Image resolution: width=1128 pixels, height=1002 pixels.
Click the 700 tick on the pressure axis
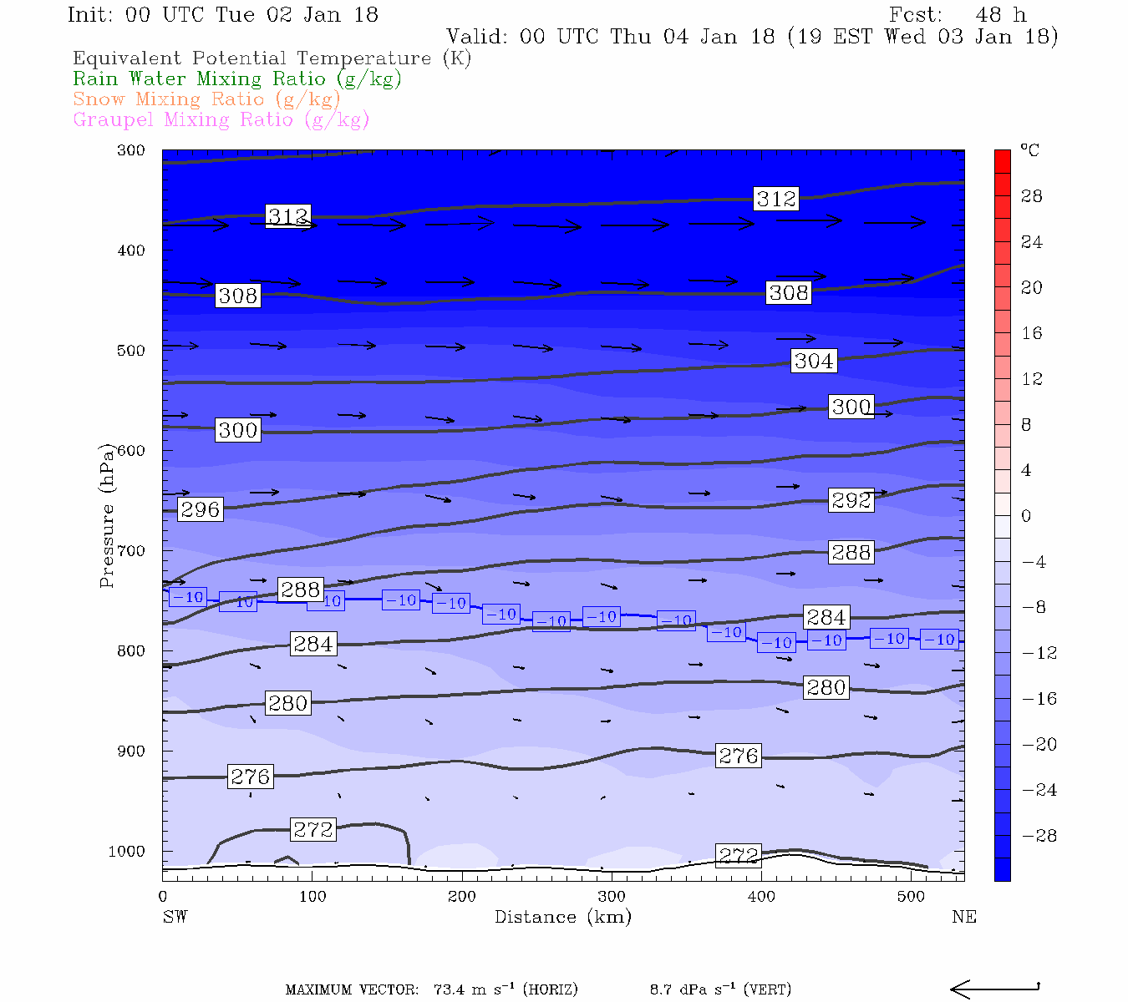click(131, 551)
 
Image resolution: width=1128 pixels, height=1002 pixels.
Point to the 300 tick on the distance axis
click(611, 897)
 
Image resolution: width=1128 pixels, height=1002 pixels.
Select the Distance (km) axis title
click(562, 917)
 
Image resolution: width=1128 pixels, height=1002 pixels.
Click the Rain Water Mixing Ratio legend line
click(237, 79)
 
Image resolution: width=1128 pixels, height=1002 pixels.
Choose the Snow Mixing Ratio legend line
click(206, 99)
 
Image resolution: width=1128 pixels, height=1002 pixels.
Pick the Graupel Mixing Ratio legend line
click(221, 120)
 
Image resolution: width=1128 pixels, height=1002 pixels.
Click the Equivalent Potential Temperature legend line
click(272, 58)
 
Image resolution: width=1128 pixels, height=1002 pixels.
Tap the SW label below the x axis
click(175, 917)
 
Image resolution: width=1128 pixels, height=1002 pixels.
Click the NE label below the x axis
click(963, 917)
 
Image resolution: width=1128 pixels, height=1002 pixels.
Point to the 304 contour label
click(813, 361)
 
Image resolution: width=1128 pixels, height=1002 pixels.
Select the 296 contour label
click(200, 509)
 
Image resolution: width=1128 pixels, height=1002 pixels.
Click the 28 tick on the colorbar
click(1032, 196)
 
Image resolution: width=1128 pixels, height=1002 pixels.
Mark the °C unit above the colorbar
click(1029, 151)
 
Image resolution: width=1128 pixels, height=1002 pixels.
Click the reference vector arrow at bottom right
click(994, 989)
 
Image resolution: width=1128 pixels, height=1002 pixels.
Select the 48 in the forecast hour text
click(988, 15)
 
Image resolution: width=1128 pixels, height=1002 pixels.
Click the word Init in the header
click(90, 15)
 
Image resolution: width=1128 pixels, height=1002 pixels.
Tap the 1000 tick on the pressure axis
click(126, 852)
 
